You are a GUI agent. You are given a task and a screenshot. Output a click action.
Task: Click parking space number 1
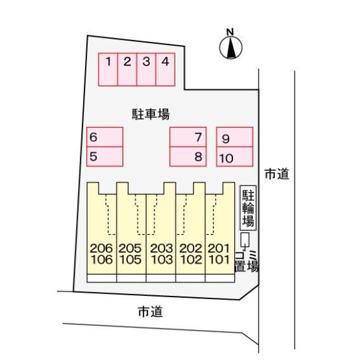pyautogui.click(x=108, y=69)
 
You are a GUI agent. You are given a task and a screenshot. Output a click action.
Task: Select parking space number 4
pyautogui.click(x=166, y=69)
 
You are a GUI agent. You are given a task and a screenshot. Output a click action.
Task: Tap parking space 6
pyautogui.click(x=105, y=137)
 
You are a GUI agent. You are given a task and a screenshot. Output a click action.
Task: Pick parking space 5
pyautogui.click(x=105, y=156)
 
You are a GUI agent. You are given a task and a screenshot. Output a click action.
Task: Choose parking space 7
pyautogui.click(x=188, y=137)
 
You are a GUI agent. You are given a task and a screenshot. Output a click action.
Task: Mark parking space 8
pyautogui.click(x=188, y=156)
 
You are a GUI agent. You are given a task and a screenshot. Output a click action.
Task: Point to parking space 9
pyautogui.click(x=234, y=137)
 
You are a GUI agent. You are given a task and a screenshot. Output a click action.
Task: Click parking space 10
pyautogui.click(x=234, y=156)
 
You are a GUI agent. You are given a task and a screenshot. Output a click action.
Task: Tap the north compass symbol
pyautogui.click(x=230, y=46)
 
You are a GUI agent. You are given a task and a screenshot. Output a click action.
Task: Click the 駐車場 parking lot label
pyautogui.click(x=151, y=115)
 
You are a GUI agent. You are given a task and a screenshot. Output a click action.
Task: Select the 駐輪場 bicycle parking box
pyautogui.click(x=248, y=207)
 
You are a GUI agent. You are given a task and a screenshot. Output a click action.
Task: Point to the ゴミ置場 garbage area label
pyautogui.click(x=247, y=261)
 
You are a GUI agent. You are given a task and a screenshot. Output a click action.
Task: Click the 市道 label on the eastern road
pyautogui.click(x=277, y=174)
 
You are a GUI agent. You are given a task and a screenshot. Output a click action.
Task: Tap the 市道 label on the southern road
pyautogui.click(x=151, y=312)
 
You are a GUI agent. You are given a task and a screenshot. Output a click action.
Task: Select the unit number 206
pyautogui.click(x=101, y=249)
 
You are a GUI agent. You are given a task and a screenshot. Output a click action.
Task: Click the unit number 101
pyautogui.click(x=219, y=260)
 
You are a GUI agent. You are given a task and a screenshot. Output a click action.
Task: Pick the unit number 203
pyautogui.click(x=162, y=249)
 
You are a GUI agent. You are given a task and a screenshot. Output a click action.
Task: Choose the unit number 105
pyautogui.click(x=130, y=260)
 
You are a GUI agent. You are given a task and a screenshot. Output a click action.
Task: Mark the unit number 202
pyautogui.click(x=190, y=249)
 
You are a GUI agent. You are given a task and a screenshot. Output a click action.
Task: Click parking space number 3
pyautogui.click(x=146, y=69)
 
